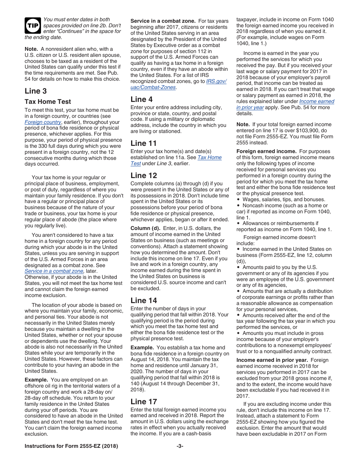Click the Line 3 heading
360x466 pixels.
36,91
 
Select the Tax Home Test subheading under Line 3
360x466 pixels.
48,102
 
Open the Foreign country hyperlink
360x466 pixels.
43,122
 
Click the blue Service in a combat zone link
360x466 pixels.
54,271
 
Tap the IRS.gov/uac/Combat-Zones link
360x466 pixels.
178,84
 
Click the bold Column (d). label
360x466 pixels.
146,228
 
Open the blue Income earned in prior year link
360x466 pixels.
285,104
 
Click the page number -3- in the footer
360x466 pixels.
180,446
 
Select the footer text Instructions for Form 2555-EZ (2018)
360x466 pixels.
71,446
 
